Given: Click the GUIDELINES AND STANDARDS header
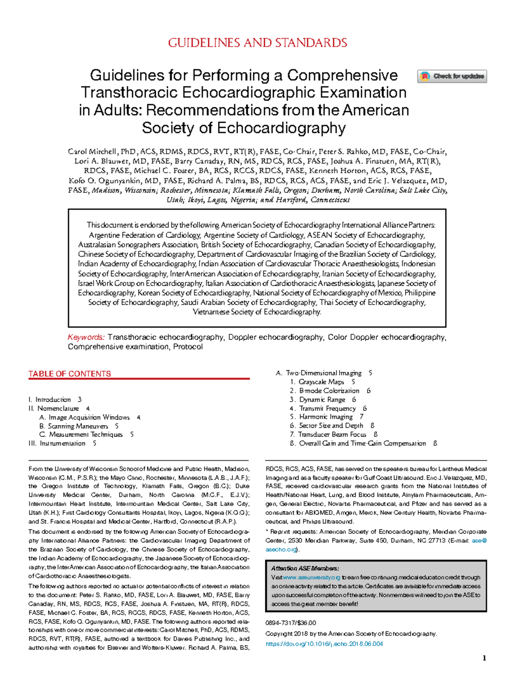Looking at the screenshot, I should click(x=257, y=43).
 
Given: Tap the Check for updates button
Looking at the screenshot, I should click(x=452, y=76).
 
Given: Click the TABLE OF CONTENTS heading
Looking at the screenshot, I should click(x=70, y=374).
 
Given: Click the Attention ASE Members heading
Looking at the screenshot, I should click(x=305, y=568).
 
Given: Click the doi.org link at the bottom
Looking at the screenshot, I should click(x=324, y=644).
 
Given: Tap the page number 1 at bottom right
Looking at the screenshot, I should click(x=484, y=658).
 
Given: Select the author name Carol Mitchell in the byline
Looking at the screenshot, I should click(x=92, y=151).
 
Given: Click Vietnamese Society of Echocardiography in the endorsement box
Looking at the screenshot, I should click(x=256, y=312).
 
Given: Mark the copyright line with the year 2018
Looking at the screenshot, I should click(x=351, y=634).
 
